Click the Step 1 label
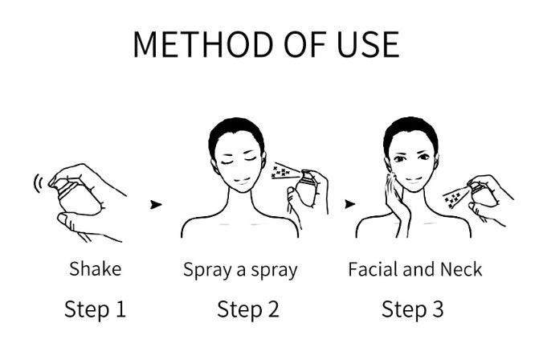pos(96,309)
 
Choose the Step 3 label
pos(412,309)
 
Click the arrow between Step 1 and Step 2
pos(155,204)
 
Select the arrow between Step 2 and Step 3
pos(349,204)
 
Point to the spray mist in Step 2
pos(281,172)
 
